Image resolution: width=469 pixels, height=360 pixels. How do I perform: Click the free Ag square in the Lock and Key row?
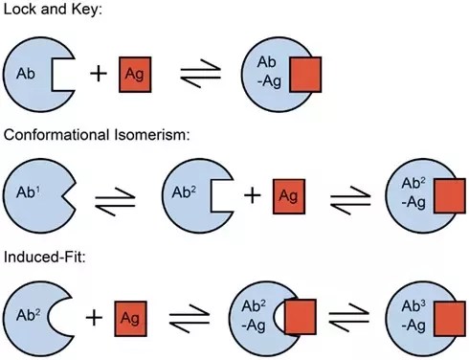[135, 75]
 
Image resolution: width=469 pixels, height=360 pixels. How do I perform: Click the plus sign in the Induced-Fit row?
[95, 318]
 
